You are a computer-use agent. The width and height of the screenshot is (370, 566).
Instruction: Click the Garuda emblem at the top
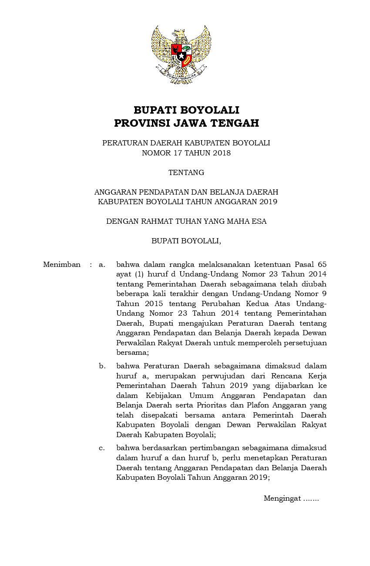[x=182, y=54]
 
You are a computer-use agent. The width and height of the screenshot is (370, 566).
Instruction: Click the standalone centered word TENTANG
[x=186, y=172]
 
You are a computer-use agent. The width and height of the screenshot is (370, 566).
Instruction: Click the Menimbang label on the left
[x=62, y=264]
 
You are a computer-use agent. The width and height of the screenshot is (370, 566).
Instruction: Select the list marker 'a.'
[x=102, y=264]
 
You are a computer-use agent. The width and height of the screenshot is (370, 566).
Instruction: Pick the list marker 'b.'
[x=102, y=366]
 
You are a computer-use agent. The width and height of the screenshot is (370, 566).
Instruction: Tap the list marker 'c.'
[x=102, y=448]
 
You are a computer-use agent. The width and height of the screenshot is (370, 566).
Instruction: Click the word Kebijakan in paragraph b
[x=164, y=396]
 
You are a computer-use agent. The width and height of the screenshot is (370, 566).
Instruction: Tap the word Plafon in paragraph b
[x=247, y=405]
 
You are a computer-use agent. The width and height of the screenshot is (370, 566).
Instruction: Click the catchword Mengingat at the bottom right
[x=282, y=499]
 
